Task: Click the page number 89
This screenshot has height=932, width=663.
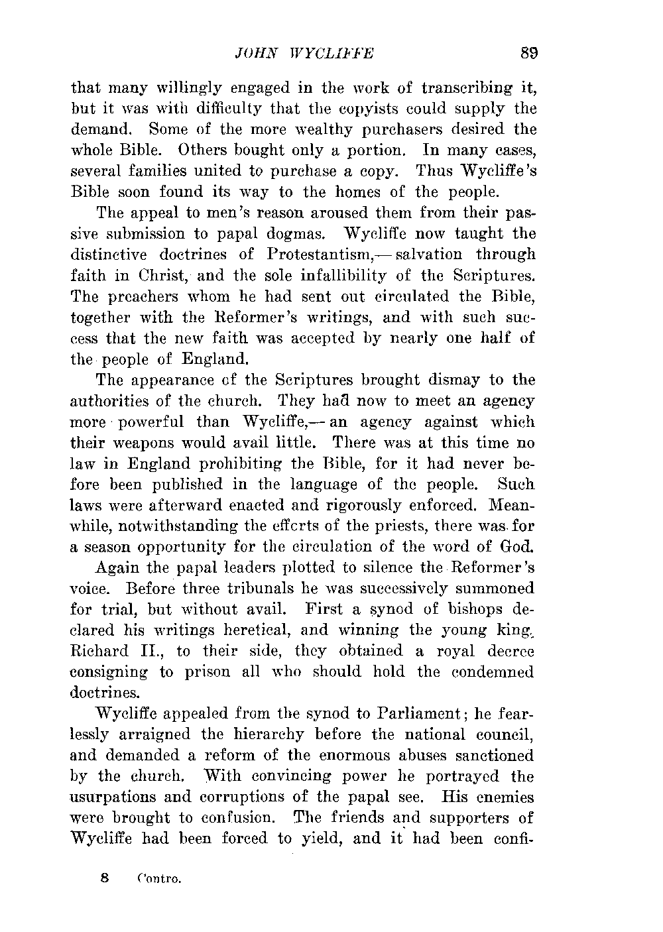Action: click(528, 54)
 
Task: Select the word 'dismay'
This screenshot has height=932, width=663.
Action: click(454, 380)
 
